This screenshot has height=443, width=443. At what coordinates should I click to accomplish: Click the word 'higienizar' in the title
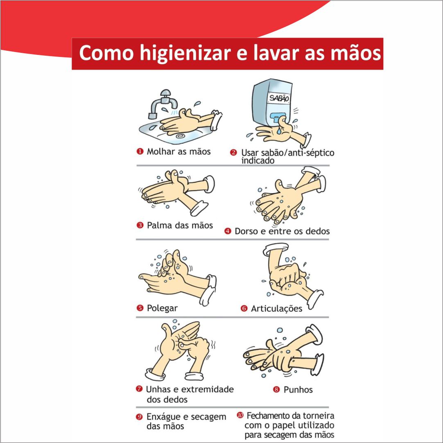[x=185, y=54]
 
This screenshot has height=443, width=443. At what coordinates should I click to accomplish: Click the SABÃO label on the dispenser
[x=279, y=98]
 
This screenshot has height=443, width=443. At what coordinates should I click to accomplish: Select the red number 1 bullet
[x=140, y=151]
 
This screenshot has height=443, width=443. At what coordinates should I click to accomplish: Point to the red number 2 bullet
[x=233, y=153]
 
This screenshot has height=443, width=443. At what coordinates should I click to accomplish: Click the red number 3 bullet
[x=140, y=225]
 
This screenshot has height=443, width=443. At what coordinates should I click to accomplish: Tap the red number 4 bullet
[x=228, y=231]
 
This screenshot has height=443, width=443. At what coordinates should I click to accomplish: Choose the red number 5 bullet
[x=140, y=307]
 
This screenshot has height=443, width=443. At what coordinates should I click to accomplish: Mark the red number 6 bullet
[x=244, y=308]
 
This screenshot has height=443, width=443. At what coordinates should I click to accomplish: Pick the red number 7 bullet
[x=139, y=389]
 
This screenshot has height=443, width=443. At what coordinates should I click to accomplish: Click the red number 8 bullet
[x=276, y=390]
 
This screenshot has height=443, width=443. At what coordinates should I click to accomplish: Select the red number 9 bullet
[x=139, y=417]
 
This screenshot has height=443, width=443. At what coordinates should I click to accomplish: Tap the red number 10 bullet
[x=240, y=415]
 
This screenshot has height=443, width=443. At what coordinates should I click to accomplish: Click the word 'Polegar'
[x=162, y=308]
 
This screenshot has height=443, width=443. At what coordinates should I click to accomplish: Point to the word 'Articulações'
[x=277, y=309]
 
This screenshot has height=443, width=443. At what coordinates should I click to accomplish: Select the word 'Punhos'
[x=298, y=390]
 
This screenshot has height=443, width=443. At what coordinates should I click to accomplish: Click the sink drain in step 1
[x=180, y=136]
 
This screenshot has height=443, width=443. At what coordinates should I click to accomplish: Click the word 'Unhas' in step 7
[x=158, y=389]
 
